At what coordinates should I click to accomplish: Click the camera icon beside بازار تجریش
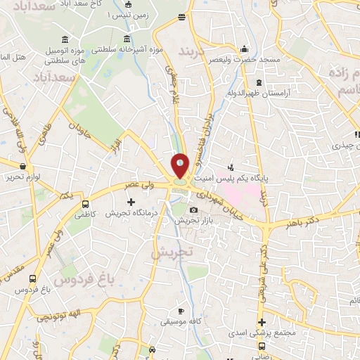click(194, 210)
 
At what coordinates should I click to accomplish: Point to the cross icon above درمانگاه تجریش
click(131, 202)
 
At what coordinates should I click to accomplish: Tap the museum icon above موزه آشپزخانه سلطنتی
click(127, 39)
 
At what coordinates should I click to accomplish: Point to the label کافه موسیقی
click(181, 321)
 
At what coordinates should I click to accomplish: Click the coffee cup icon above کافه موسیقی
click(181, 311)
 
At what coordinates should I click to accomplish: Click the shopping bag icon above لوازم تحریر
click(24, 167)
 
